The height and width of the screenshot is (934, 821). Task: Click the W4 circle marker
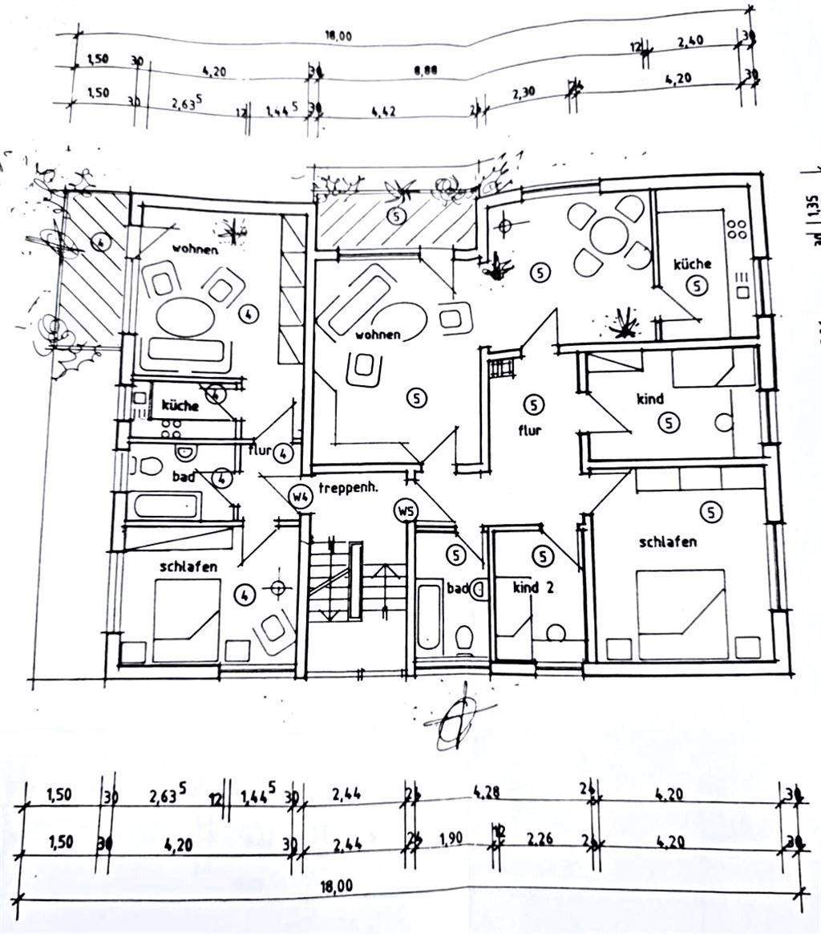click(x=301, y=497)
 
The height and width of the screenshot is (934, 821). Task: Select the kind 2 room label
click(x=533, y=587)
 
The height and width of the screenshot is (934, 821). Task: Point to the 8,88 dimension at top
click(x=426, y=71)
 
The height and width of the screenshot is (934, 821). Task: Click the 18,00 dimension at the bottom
click(x=337, y=886)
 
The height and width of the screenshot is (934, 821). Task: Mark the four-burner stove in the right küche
click(x=738, y=231)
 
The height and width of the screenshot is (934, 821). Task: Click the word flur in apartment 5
click(x=530, y=430)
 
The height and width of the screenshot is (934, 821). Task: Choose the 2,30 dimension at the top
click(x=525, y=94)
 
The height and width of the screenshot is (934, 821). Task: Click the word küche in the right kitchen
click(x=693, y=264)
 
